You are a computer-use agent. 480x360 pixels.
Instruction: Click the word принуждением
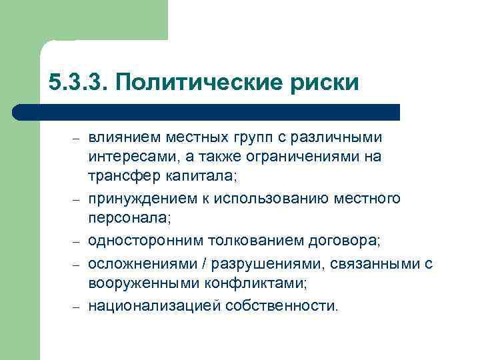tap(135, 199)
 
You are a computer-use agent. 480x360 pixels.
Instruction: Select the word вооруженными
tap(134, 283)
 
